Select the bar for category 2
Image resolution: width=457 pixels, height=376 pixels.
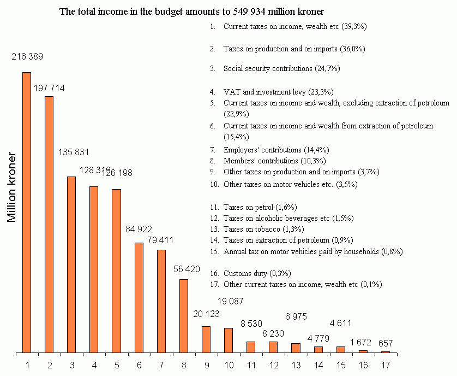49,224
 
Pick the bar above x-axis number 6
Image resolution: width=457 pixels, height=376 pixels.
139,297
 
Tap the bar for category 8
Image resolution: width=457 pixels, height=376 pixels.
184,315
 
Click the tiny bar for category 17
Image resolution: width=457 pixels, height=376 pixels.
385,352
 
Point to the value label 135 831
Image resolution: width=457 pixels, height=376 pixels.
74,151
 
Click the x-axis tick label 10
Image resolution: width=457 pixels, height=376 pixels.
229,365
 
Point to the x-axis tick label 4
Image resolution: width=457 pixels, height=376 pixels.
94,365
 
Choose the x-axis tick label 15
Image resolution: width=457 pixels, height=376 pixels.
340,365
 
